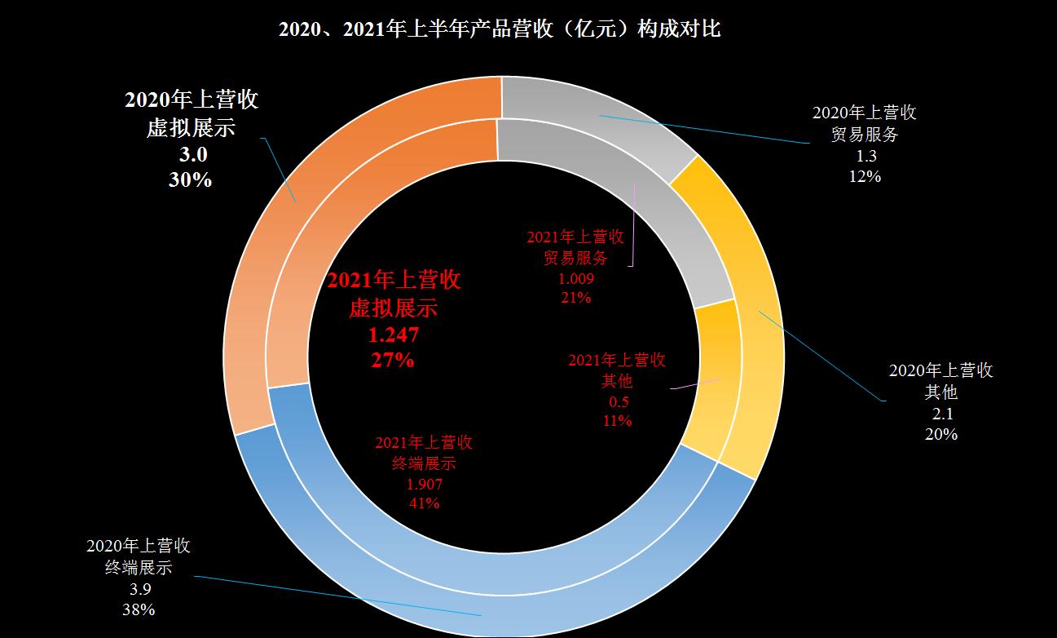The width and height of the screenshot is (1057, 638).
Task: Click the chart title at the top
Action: click(500, 30)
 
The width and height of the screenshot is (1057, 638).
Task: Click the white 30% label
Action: click(190, 179)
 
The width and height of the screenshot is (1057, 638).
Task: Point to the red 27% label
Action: click(393, 360)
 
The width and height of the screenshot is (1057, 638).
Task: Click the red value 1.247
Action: click(394, 335)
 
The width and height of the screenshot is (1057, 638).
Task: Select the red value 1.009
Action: click(575, 278)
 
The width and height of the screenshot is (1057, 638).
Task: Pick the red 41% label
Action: click(424, 503)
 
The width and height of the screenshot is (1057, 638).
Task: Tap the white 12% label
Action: click(865, 175)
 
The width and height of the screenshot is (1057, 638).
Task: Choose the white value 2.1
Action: click(941, 414)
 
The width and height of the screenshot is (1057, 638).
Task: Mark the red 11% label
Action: click(617, 421)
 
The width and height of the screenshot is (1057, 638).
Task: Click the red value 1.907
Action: click(425, 484)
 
